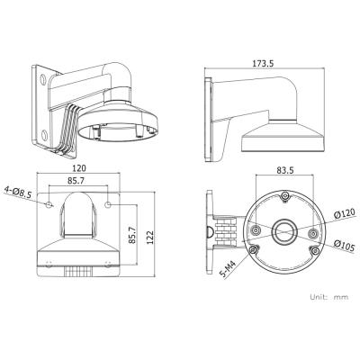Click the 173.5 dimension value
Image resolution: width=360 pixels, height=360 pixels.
click(x=263, y=64)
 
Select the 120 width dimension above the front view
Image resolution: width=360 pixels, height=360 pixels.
click(x=79, y=168)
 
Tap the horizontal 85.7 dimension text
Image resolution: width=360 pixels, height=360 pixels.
click(x=76, y=181)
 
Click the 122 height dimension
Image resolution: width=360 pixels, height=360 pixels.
click(x=149, y=238)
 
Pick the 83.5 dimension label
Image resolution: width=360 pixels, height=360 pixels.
click(x=285, y=170)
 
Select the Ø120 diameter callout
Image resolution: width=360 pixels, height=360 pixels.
click(x=345, y=213)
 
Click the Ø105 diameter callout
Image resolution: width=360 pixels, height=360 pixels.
click(x=345, y=247)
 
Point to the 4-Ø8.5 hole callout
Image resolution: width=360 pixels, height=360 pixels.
click(x=17, y=192)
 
